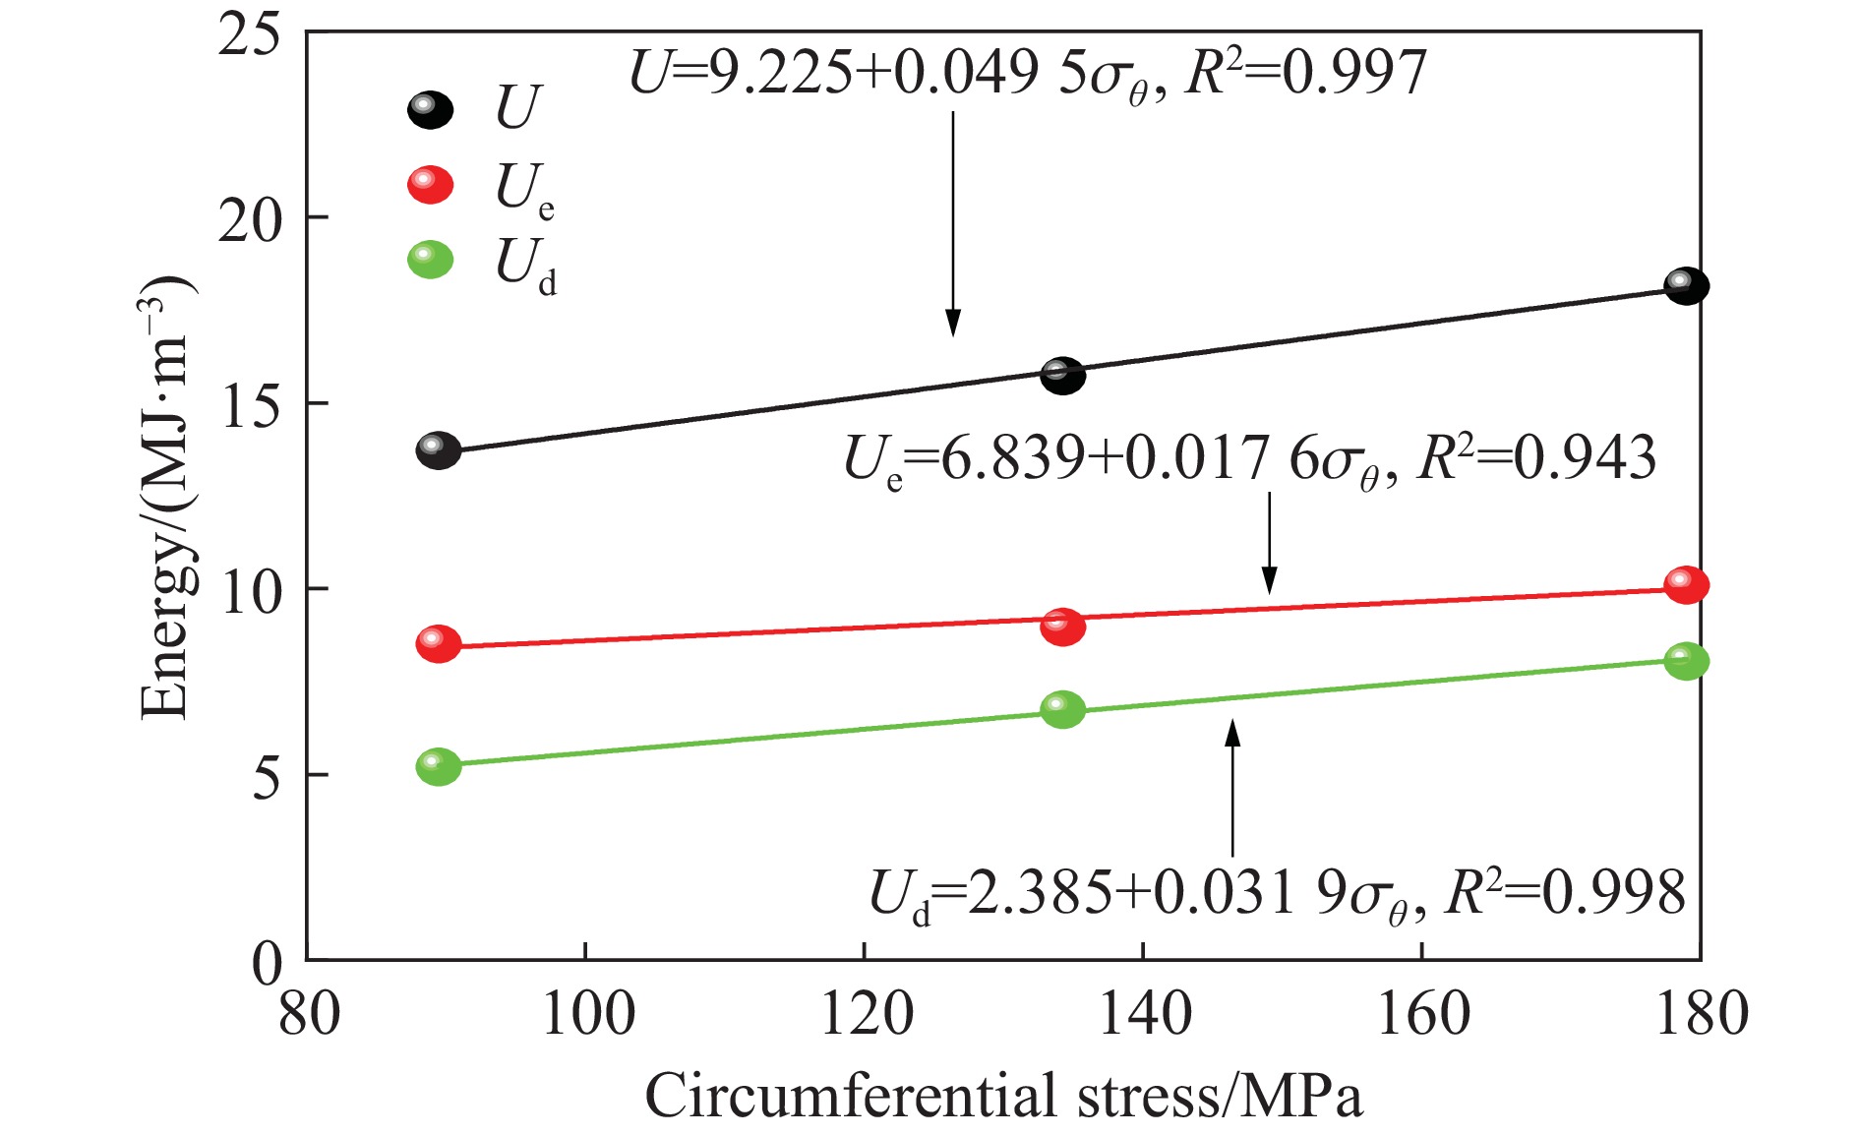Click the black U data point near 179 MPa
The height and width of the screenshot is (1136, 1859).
[1686, 286]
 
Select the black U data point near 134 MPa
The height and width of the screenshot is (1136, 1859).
[1062, 375]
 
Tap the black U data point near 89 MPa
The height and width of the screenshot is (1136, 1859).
[438, 450]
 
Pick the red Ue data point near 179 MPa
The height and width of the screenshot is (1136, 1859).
[1686, 585]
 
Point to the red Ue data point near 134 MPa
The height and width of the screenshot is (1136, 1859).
[1062, 626]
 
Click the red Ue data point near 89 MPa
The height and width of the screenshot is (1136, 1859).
[438, 643]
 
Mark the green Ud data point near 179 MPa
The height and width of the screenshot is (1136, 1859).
[1686, 661]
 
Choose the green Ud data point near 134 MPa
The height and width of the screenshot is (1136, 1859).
[1062, 708]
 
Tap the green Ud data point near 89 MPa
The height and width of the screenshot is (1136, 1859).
[438, 766]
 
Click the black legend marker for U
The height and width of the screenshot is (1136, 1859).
[430, 108]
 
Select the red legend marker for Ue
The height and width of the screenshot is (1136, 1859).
[430, 184]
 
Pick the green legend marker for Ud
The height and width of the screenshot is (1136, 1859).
[430, 260]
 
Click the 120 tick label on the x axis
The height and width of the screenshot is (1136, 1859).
[866, 1014]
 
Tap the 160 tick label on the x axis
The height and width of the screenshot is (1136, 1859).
[1423, 1014]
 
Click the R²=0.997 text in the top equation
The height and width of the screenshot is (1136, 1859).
[1306, 74]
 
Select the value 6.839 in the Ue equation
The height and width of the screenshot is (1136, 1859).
[1013, 459]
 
